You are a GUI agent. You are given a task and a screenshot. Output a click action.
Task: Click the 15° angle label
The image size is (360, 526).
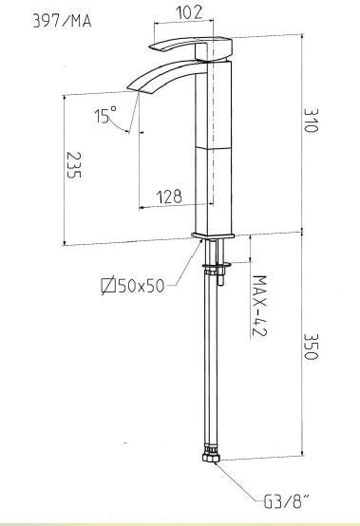(104, 115)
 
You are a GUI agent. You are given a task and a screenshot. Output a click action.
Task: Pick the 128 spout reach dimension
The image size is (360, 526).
(170, 197)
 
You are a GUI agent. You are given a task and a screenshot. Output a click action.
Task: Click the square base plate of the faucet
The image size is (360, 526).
(214, 234)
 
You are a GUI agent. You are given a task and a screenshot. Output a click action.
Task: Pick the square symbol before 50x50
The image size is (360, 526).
(108, 284)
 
